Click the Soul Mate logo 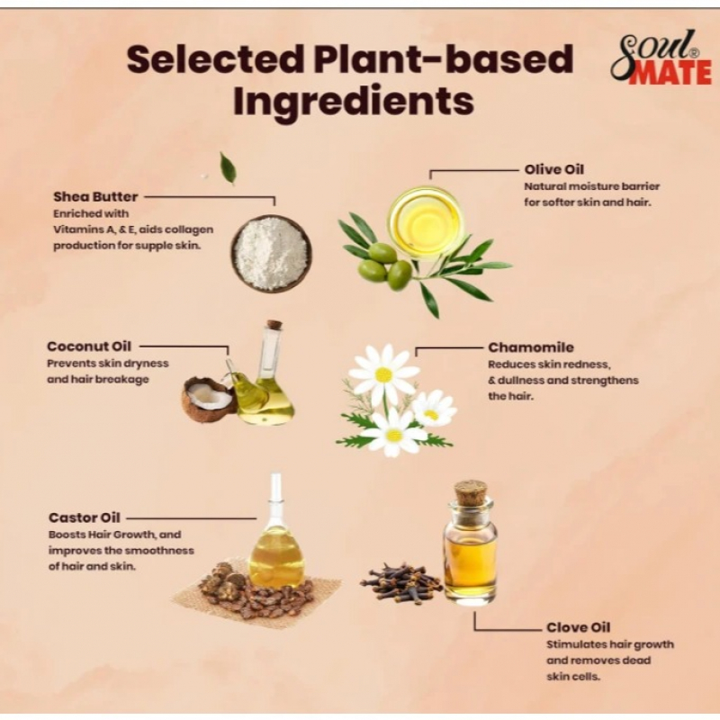coord(661,58)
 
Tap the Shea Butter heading coord(95,197)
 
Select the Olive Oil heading coord(554,169)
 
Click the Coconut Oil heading coord(89,346)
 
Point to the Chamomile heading coord(531,347)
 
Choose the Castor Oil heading coord(84,518)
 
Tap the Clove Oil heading coord(578,627)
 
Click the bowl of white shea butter coord(271,253)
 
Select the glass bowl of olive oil coord(425,220)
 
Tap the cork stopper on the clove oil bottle coord(470,491)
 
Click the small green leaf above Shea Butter coord(229,168)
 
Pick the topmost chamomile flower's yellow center coord(383,375)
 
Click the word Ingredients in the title coord(354,101)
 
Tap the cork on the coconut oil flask coord(274,325)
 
